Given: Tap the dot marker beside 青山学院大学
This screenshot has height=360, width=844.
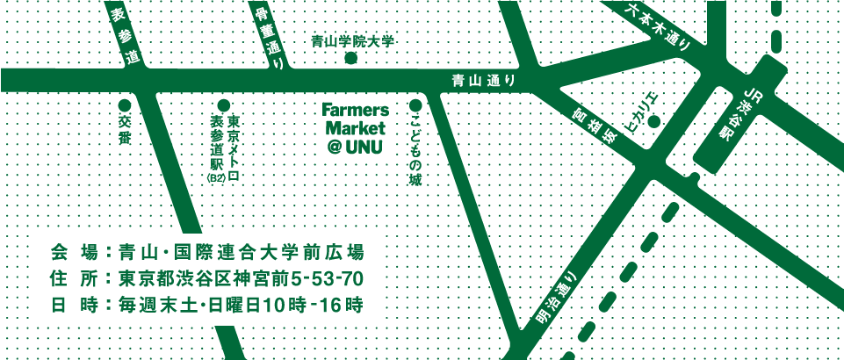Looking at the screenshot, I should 350,59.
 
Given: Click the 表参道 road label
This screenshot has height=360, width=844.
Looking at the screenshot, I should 125,36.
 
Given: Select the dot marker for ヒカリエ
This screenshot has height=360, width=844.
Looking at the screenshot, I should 653,121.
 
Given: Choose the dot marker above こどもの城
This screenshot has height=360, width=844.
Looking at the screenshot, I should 415,106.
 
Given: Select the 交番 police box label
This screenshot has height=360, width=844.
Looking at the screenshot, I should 124,130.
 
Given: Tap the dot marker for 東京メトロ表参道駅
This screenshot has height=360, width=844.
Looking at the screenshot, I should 224,105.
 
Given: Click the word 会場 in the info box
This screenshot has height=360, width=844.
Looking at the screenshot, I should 74,253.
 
